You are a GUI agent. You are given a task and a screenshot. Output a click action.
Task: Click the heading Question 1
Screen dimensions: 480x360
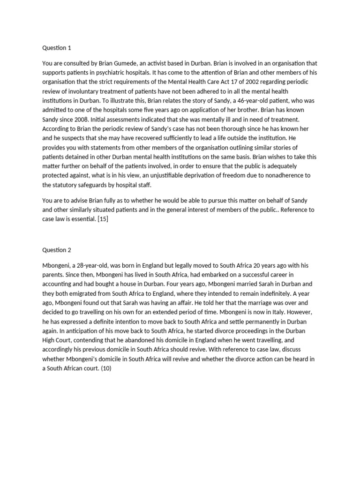57,48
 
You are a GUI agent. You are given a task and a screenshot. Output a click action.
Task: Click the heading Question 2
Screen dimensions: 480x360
57,250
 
